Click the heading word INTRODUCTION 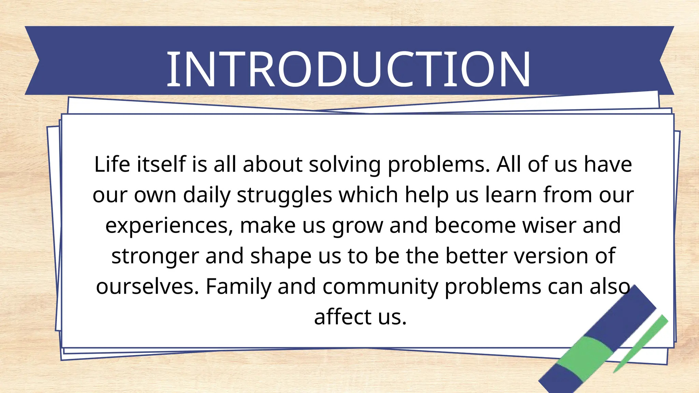pyautogui.click(x=348, y=69)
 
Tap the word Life pyautogui.click(x=112, y=164)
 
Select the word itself pyautogui.click(x=161, y=164)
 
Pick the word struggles pyautogui.click(x=284, y=195)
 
